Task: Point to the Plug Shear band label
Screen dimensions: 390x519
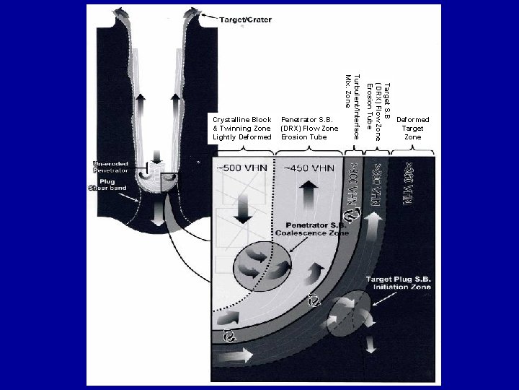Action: [x=107, y=183]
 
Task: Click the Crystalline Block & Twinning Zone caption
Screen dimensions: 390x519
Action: [x=242, y=128]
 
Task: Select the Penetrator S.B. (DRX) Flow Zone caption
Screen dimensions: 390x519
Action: [x=309, y=128]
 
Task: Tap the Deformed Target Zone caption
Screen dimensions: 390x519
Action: [x=413, y=128]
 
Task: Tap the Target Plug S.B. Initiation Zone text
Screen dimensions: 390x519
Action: [x=398, y=282]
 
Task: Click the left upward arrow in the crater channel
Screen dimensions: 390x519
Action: [x=138, y=101]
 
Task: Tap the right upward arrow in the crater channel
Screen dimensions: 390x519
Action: [x=179, y=101]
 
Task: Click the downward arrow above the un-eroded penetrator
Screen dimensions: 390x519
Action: [x=156, y=155]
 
